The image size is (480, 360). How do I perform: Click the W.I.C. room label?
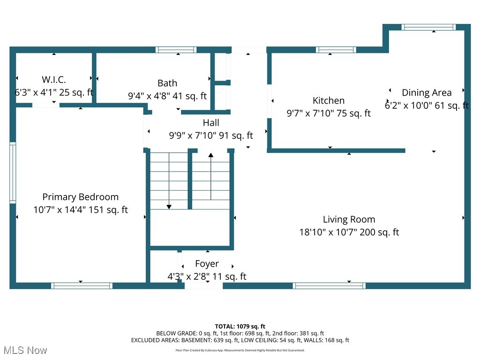54,79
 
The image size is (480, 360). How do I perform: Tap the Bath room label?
167,83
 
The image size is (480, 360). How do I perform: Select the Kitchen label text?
329,100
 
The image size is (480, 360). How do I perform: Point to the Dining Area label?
427,92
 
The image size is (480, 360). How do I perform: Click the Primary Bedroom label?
81,197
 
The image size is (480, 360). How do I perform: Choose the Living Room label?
349,219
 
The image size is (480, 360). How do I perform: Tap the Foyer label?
207,263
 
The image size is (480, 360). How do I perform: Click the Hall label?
211,123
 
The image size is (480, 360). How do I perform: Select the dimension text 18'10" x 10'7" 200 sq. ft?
349,232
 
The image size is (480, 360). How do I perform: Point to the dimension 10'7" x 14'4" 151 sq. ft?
81,210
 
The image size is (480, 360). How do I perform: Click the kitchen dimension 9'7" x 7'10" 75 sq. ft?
329,113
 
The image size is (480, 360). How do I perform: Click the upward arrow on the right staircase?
210,156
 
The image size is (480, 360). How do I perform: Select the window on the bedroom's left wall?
13,173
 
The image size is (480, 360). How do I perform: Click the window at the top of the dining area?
428,27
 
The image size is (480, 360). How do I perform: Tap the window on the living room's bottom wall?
329,285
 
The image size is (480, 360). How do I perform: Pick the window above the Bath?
176,50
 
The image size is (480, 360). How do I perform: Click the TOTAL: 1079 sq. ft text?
240,326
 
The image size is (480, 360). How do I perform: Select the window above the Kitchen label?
336,50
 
